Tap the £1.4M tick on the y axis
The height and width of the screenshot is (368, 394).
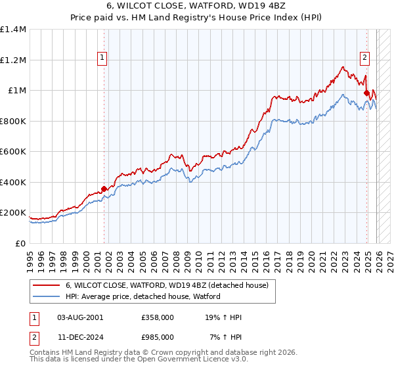pos(13,30)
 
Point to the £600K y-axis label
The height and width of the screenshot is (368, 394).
pos(13,152)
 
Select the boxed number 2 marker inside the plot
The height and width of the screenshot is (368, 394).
pos(364,57)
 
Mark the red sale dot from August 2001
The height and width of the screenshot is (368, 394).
pos(104,189)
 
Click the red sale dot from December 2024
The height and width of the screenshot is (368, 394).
pos(366,93)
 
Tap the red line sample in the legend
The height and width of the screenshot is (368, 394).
pos(47,286)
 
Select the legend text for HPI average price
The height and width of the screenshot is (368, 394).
pos(142,296)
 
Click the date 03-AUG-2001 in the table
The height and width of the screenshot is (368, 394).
pos(80,317)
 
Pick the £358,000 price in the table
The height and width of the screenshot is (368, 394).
pos(157,317)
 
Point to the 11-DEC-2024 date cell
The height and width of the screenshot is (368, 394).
pos(80,336)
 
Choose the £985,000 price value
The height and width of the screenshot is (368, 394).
pos(157,336)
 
